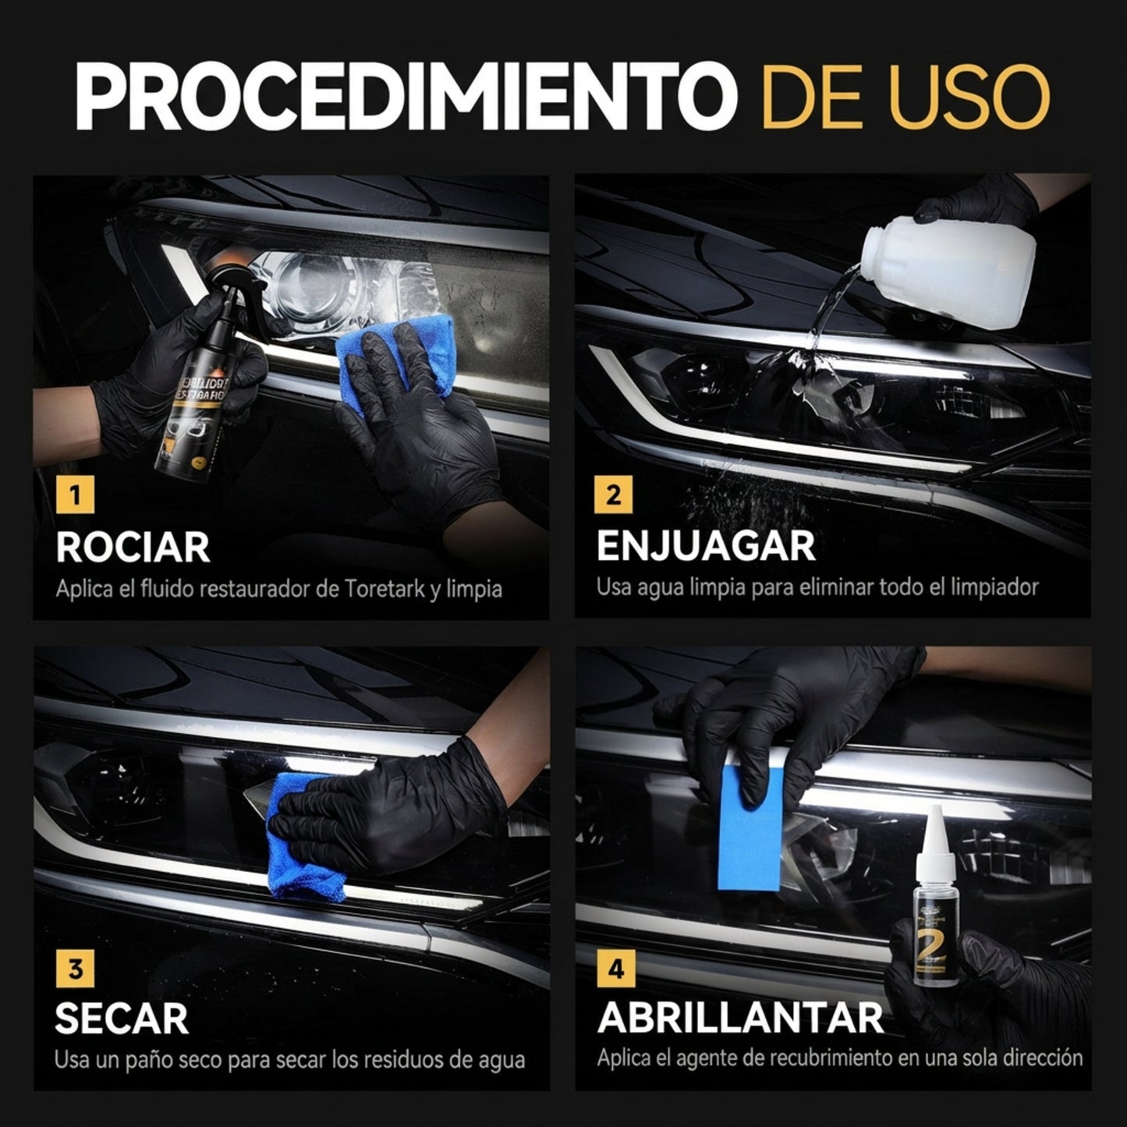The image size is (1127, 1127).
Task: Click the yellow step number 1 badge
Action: [75, 495]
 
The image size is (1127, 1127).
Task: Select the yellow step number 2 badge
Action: [614, 495]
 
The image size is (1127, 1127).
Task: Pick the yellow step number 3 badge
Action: [75, 969]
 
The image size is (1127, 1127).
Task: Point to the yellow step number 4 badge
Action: [616, 969]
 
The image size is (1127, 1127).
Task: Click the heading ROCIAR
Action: [133, 548]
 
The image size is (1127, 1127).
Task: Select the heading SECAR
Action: [122, 1019]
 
